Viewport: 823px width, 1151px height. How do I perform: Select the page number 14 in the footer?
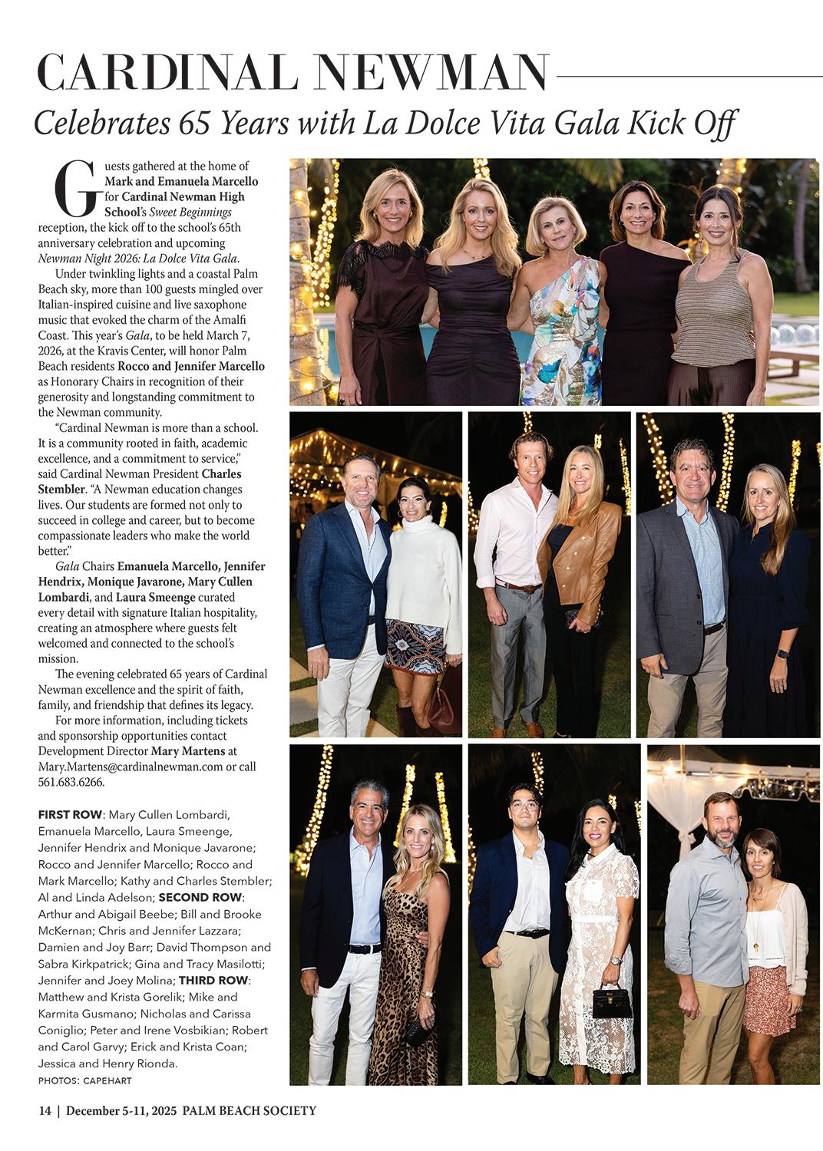coord(45,1110)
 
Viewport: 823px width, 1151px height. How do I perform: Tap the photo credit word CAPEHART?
coord(109,1081)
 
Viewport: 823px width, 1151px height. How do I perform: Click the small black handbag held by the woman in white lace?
coord(612,1001)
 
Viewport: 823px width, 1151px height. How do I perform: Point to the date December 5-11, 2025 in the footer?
coord(124,1110)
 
